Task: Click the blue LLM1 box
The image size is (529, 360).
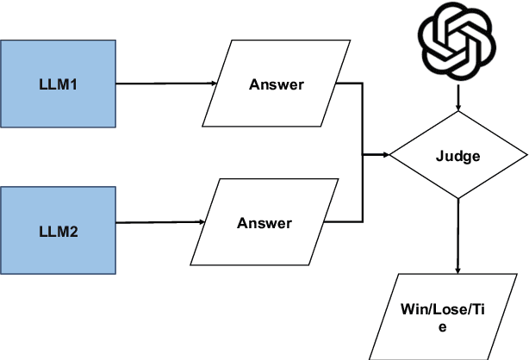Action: (58, 84)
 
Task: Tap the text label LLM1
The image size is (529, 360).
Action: (58, 84)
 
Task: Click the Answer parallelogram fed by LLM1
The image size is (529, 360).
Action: (276, 84)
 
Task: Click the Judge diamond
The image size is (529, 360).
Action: (457, 156)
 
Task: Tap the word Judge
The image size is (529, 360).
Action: (457, 157)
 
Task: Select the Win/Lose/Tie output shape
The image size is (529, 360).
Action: (444, 316)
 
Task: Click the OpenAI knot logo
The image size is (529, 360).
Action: (457, 41)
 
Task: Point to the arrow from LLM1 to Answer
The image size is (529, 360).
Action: (164, 84)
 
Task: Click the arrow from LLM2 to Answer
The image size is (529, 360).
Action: (159, 222)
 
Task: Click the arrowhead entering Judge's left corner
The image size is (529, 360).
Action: (384, 156)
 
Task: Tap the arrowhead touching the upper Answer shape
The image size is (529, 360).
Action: (212, 84)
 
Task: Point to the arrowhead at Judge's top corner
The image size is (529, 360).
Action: (457, 107)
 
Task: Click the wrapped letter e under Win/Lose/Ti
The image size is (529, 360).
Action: (444, 326)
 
